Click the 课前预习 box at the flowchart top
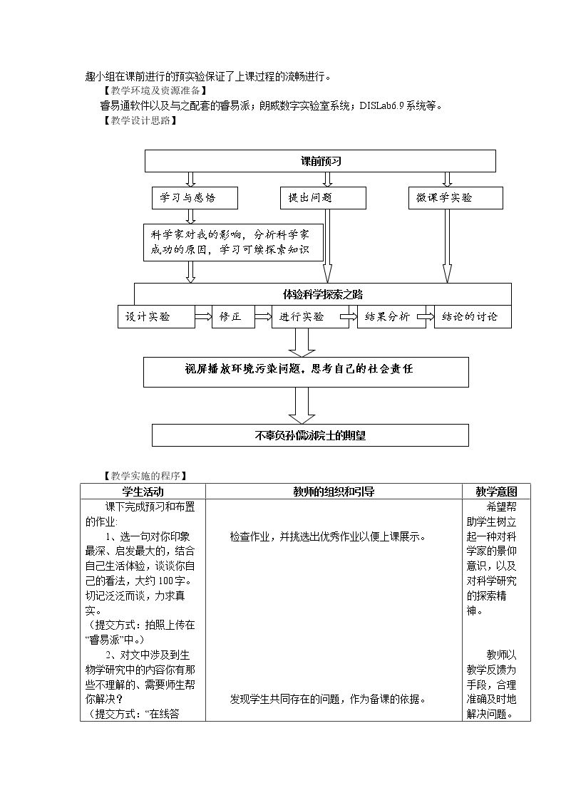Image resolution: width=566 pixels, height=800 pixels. pos(320,161)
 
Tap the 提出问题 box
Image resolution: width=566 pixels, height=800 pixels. pos(323,198)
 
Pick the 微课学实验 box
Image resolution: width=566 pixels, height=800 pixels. pos(456,198)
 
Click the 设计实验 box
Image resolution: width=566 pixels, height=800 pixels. pos(156,316)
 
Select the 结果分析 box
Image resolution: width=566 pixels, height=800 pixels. pos(391,316)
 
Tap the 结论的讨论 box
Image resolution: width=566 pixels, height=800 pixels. pos(473,316)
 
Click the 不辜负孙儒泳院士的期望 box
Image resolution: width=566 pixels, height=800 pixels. pos(310,435)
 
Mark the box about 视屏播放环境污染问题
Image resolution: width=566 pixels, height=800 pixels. pos(306,372)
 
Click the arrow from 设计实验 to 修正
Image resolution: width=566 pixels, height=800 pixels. pos(204,316)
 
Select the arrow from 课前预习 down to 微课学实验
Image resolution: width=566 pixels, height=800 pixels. pos(448,179)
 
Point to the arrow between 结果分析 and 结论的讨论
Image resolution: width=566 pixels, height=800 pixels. pos(426,316)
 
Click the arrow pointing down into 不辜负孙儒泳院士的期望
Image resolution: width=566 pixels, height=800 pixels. pos(302,405)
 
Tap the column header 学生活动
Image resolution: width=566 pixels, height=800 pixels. pos(143,492)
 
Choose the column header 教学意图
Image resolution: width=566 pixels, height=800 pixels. pos(496,492)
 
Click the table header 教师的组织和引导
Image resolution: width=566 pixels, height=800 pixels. pos(334,492)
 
